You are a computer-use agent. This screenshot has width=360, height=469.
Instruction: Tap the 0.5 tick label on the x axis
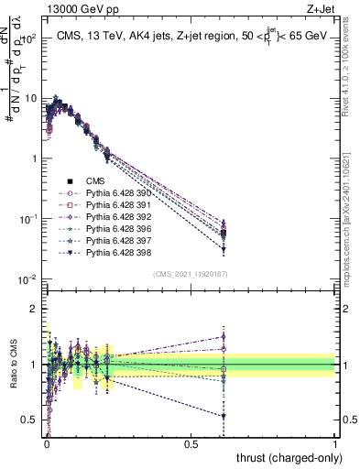click(191, 442)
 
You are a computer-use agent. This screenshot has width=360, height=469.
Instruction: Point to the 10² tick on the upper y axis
click(27, 38)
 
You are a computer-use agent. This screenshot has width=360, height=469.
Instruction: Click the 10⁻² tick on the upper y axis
click(26, 279)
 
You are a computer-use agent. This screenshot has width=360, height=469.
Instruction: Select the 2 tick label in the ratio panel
click(32, 309)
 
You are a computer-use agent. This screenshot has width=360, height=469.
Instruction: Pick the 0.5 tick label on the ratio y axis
click(28, 420)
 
